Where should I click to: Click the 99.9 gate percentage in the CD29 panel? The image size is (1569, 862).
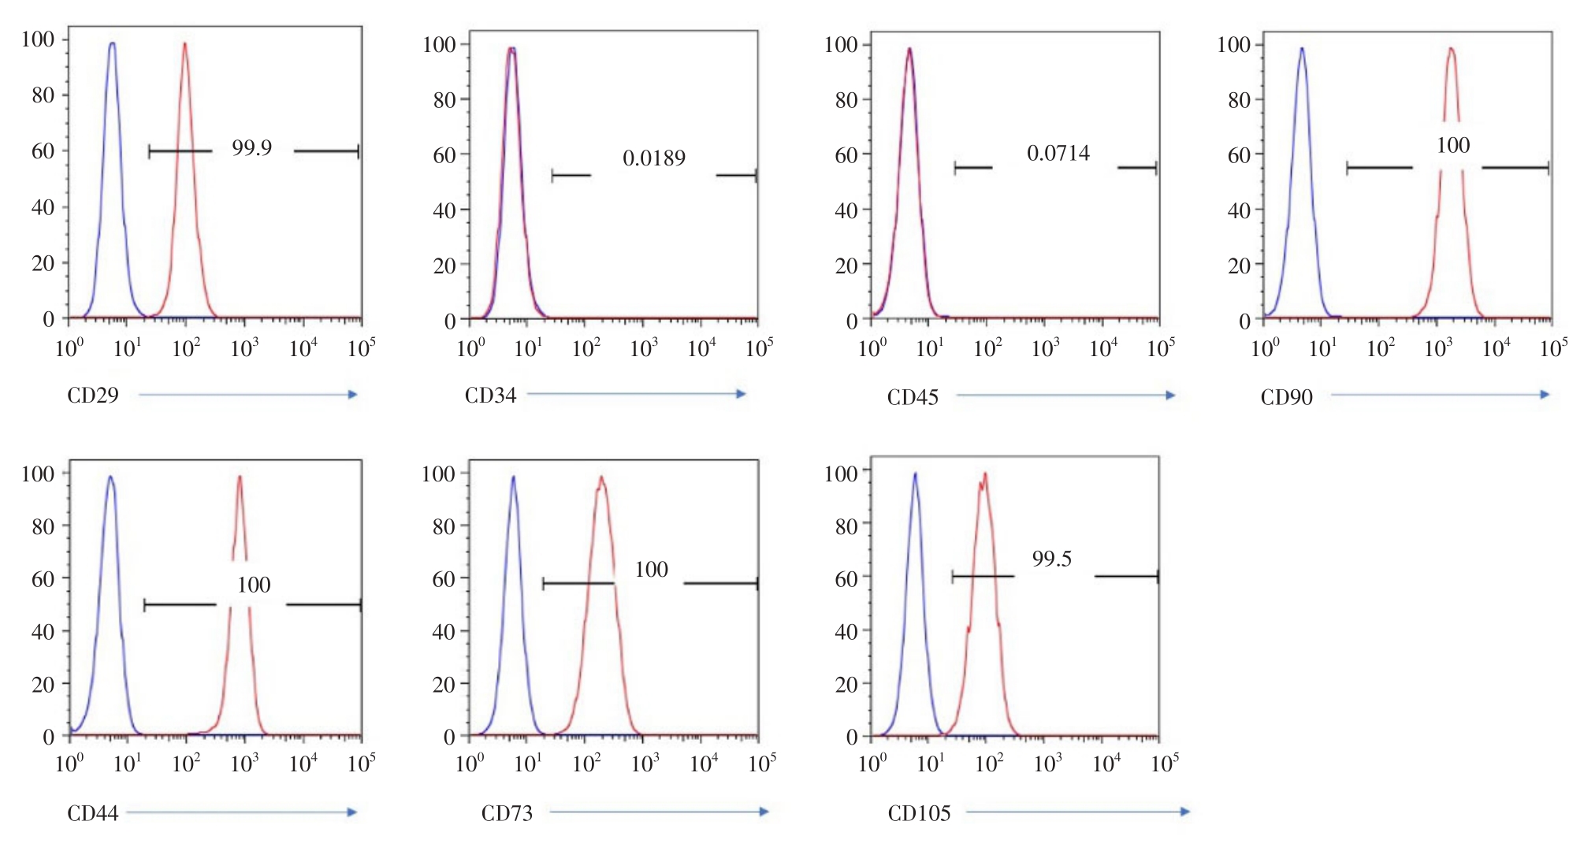pos(251,148)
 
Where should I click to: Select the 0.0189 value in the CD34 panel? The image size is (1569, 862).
pos(653,158)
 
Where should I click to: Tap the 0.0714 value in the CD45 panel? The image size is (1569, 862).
pos(1058,153)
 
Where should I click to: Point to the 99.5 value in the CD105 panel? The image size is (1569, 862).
pos(1051,559)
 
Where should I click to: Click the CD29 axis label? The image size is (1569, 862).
pos(92,395)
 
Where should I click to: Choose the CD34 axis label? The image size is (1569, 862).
pos(490,395)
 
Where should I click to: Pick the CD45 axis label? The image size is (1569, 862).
pos(913,397)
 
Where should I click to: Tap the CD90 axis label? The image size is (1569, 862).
pos(1286,397)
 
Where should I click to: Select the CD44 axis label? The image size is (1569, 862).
pos(92,813)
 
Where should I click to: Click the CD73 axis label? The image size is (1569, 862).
pos(507,813)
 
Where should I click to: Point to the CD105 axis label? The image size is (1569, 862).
pos(919,813)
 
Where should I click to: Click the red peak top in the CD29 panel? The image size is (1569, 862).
pos(184,44)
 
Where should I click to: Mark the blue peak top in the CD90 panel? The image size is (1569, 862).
pos(1301,49)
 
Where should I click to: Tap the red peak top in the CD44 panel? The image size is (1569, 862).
pos(240,477)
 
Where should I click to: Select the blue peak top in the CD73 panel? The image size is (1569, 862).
pos(513,477)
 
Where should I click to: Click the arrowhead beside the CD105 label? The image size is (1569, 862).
pos(1184,812)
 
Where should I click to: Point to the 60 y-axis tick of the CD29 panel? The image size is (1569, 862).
pos(43,150)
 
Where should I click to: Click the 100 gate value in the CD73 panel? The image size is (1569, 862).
pos(651,569)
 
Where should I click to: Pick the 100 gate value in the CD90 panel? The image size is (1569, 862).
pos(1452,145)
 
